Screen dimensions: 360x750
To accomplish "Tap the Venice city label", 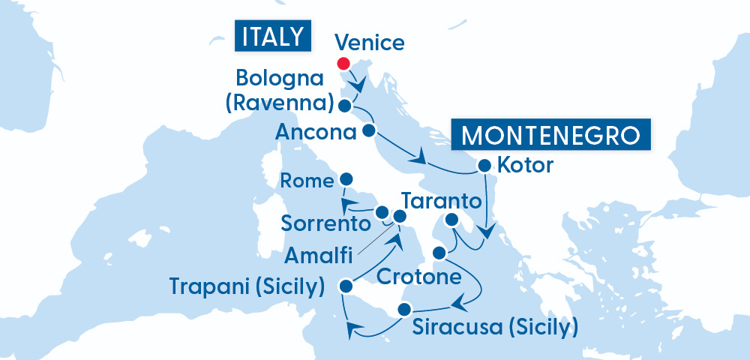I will (369, 42).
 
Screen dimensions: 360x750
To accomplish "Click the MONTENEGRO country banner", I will (551, 136).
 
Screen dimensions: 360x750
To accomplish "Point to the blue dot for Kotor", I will (484, 165).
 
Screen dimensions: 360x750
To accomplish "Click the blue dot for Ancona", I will (368, 130).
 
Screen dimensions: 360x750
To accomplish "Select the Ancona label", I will (315, 133).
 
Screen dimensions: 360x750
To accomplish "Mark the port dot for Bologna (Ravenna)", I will (344, 105).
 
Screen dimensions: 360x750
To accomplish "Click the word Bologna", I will (279, 78).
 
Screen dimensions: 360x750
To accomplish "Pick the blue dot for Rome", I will (346, 179).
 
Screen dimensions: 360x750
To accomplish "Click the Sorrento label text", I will (326, 223).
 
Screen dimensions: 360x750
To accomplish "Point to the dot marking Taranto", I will (451, 220).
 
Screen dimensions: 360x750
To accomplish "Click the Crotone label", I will (418, 277).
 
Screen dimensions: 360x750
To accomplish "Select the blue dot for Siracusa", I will (404, 309).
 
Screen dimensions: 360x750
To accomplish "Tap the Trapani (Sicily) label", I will (247, 286).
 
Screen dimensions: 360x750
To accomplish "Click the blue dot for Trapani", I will (346, 286).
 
